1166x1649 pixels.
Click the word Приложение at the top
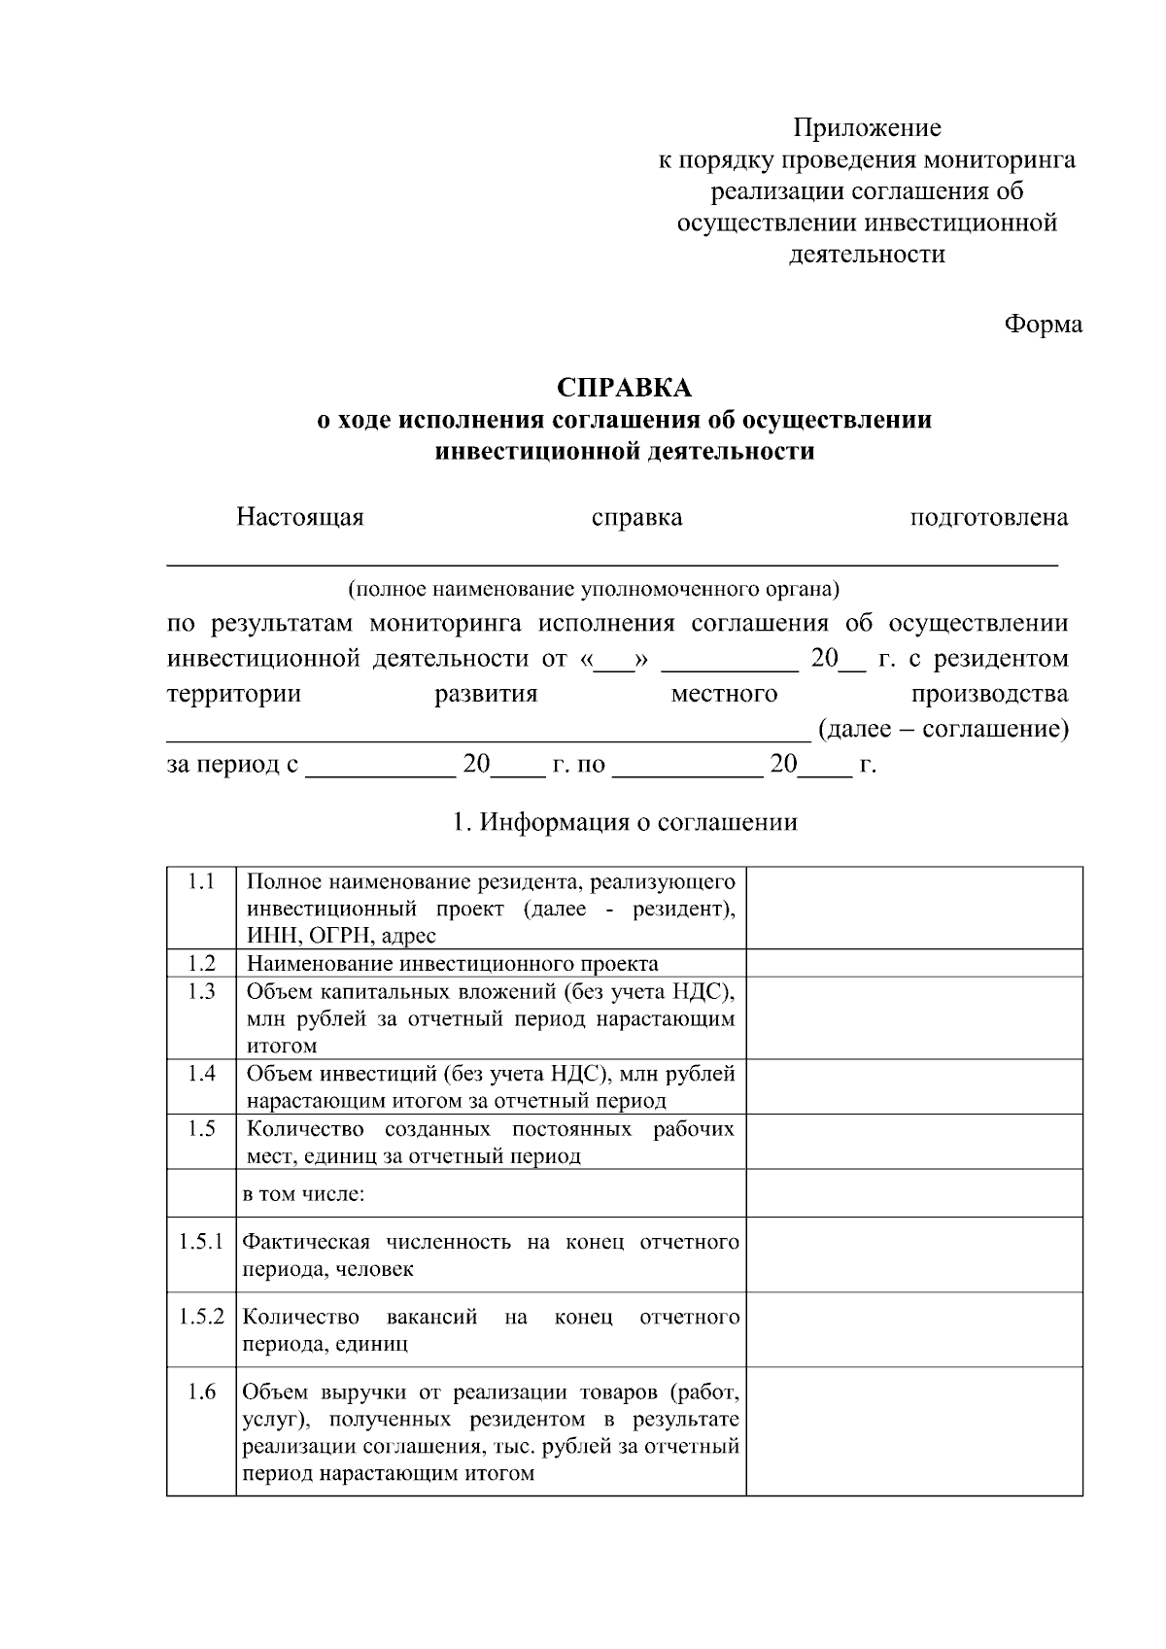pyautogui.click(x=867, y=128)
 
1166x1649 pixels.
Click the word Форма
pyautogui.click(x=1043, y=324)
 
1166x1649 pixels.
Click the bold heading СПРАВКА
pyautogui.click(x=624, y=388)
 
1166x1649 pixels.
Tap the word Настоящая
pyautogui.click(x=299, y=517)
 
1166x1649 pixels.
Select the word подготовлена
pyautogui.click(x=988, y=517)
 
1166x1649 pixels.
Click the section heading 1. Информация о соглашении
pyautogui.click(x=625, y=822)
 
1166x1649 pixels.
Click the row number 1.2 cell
pyautogui.click(x=201, y=963)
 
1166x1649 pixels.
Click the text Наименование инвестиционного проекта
pyautogui.click(x=452, y=964)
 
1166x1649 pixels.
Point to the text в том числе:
pyautogui.click(x=303, y=1193)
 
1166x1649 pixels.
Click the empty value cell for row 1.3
pyautogui.click(x=913, y=1017)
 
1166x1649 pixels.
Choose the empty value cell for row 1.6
pyautogui.click(x=913, y=1430)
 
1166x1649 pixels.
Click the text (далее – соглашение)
pyautogui.click(x=943, y=729)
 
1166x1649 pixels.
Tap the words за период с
pyautogui.click(x=232, y=765)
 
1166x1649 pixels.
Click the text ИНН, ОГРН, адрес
pyautogui.click(x=341, y=936)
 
